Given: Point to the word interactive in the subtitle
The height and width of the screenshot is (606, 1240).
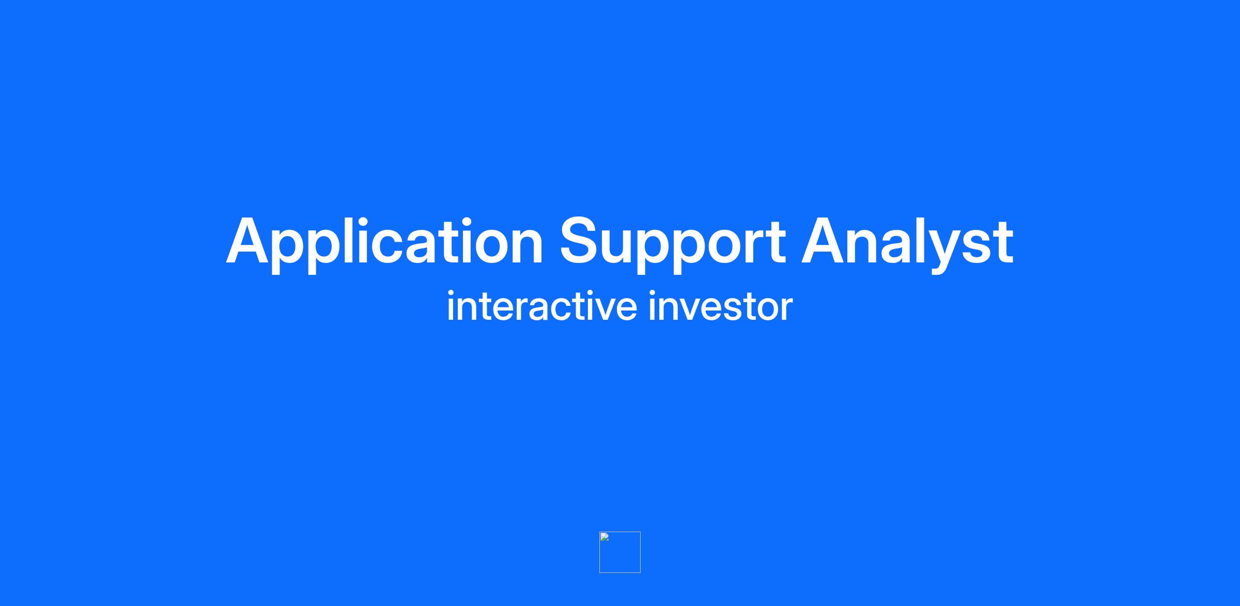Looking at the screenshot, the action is pos(542,306).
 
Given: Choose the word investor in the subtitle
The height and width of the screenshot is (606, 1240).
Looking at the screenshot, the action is pos(721,306).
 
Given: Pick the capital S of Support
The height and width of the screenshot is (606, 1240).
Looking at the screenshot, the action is pos(581,241).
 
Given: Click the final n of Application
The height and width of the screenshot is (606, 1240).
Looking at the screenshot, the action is pos(526,247).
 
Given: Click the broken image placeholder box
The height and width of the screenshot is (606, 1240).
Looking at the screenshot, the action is pos(620,552).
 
